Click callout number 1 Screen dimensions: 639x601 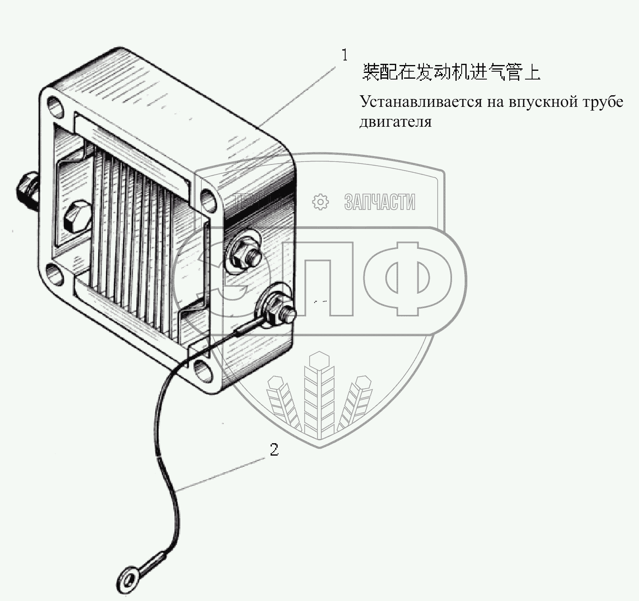[x=345, y=55]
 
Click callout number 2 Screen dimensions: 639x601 [x=274, y=450]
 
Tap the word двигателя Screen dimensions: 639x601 [x=395, y=122]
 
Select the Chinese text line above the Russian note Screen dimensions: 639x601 [x=452, y=72]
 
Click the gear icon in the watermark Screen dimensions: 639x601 [x=320, y=202]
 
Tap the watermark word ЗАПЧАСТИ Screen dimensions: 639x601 [x=380, y=202]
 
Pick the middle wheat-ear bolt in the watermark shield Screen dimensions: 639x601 [x=319, y=391]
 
